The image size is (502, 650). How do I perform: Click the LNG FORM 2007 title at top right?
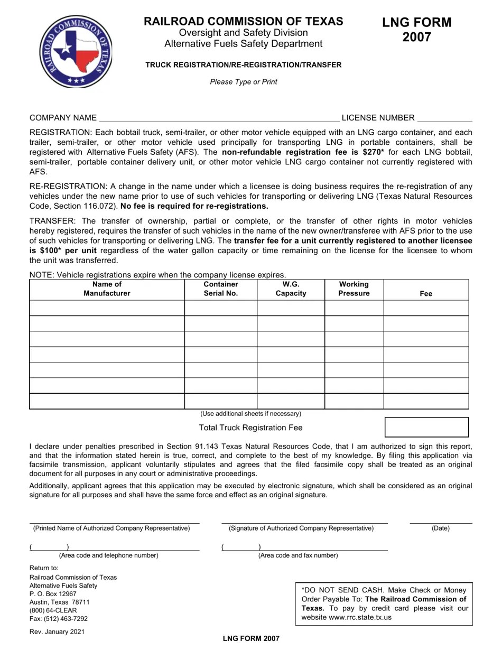pyautogui.click(x=417, y=30)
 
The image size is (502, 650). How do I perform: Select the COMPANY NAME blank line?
pyautogui.click(x=219, y=118)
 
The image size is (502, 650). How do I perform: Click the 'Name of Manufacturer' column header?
pyautogui.click(x=107, y=289)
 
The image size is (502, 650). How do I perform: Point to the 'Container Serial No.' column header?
pyautogui.click(x=220, y=289)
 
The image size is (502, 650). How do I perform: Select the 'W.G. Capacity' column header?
pyautogui.click(x=291, y=289)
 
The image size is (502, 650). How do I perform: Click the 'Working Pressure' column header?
pyautogui.click(x=354, y=289)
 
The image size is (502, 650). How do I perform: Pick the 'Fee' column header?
pyautogui.click(x=426, y=293)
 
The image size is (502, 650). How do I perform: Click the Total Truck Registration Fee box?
pyautogui.click(x=426, y=427)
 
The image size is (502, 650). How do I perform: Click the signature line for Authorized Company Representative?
pyautogui.click(x=304, y=521)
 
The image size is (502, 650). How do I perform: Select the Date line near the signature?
pyautogui.click(x=441, y=521)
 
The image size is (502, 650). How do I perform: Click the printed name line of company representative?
pyautogui.click(x=114, y=521)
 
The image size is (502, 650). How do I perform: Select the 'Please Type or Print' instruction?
pyautogui.click(x=243, y=82)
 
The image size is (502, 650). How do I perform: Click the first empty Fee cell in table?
pyautogui.click(x=426, y=308)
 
